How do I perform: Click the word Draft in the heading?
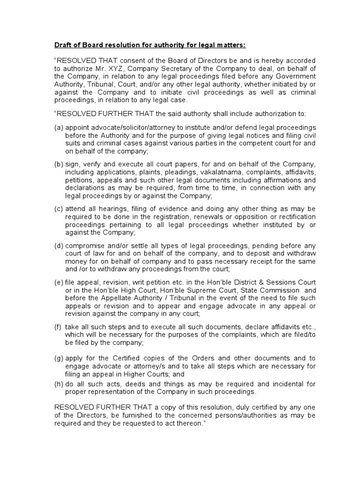[x=63, y=45]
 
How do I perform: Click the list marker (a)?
[x=59, y=127]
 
